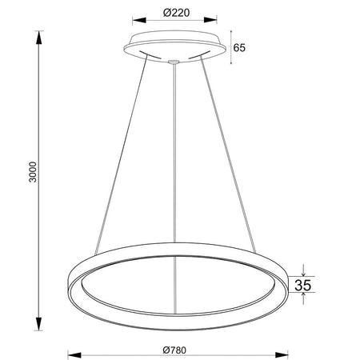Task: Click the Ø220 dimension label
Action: (x=176, y=13)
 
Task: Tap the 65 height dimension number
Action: (x=239, y=48)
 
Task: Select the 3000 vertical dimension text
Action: (x=33, y=172)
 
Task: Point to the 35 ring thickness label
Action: (x=303, y=285)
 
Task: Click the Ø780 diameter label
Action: (x=174, y=350)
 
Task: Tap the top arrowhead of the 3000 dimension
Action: (x=39, y=38)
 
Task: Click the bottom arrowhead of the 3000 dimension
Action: (x=39, y=324)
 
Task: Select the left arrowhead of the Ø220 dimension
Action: (x=139, y=20)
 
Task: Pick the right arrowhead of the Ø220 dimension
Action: (x=210, y=20)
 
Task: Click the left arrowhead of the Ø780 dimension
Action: (x=74, y=355)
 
